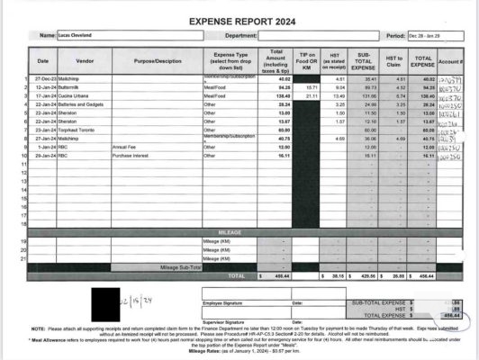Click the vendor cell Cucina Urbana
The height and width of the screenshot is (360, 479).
coord(76,95)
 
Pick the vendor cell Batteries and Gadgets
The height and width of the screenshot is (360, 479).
coord(81,103)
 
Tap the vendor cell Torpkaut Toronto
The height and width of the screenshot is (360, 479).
coord(77,129)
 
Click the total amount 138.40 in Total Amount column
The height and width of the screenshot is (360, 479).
coord(276,95)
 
